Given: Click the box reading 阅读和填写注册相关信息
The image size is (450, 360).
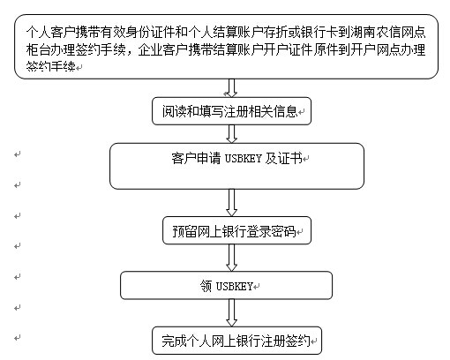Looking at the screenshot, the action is pos(231,111).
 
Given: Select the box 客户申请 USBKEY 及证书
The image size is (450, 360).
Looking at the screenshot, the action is pos(236,166).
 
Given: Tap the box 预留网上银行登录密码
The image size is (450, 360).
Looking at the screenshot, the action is pos(236,230).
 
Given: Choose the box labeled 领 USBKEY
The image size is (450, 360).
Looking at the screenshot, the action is pos(226,286).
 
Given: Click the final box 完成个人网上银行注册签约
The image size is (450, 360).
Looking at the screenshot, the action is pos(236,341).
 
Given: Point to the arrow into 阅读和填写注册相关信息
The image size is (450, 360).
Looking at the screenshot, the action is pos(231,88).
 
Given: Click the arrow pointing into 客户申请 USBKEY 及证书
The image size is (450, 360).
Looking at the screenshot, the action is pos(231,134).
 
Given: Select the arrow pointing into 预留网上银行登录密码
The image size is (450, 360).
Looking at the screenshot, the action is pos(231,203).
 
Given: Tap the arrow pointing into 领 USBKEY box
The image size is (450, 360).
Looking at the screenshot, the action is pos(231,258).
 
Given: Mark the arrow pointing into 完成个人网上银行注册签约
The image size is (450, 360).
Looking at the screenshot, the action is pos(231,313).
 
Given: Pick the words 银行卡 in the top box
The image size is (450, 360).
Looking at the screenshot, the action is pos(319,32).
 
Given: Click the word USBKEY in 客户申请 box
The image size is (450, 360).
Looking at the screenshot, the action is pos(243,159).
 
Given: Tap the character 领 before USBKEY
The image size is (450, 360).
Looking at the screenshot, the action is pos(206,286).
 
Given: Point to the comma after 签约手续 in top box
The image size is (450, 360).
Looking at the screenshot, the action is pos(131,53).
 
